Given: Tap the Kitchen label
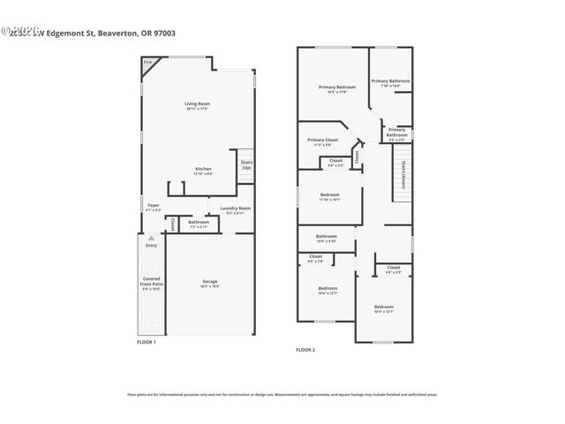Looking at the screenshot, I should click(x=203, y=170).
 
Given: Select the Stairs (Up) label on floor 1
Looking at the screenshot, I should click(x=246, y=164).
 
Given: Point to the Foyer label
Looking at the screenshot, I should click(x=154, y=208).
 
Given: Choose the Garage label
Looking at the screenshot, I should click(x=209, y=283).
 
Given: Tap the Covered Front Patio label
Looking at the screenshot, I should click(x=152, y=284).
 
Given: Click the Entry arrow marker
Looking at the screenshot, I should click(x=151, y=238).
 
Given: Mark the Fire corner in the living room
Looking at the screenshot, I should click(x=148, y=63).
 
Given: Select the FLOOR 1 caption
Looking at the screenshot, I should click(x=146, y=342).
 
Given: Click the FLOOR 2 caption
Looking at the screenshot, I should click(x=305, y=350).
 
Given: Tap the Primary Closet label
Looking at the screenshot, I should click(x=322, y=141).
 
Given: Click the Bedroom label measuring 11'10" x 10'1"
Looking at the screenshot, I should click(x=329, y=196).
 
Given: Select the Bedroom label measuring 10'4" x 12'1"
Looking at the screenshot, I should click(x=383, y=308).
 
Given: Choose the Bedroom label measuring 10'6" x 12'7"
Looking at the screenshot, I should click(x=328, y=291).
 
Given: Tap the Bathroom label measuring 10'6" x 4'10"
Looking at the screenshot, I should click(x=327, y=238).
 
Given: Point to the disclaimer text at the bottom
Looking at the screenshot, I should click(x=282, y=394).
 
